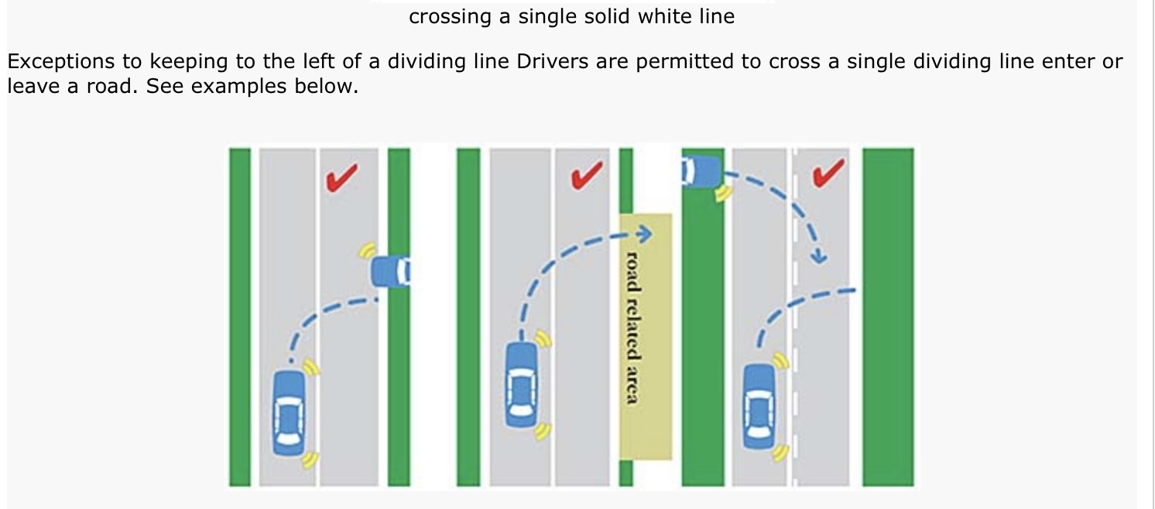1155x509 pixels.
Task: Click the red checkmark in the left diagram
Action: point(341,177)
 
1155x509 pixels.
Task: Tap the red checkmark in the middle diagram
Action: point(587,177)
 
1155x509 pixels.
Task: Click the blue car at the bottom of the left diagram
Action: point(289,411)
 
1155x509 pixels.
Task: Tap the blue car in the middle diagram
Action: point(521,384)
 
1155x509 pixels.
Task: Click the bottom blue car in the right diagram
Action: point(759,405)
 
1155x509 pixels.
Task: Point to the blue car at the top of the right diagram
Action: point(701,170)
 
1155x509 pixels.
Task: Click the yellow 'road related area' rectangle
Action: point(646,336)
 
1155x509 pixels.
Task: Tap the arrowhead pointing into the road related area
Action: point(643,232)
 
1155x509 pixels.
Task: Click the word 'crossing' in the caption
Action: point(450,16)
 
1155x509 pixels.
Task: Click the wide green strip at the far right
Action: point(887,316)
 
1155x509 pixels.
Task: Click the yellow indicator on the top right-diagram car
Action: point(724,193)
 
